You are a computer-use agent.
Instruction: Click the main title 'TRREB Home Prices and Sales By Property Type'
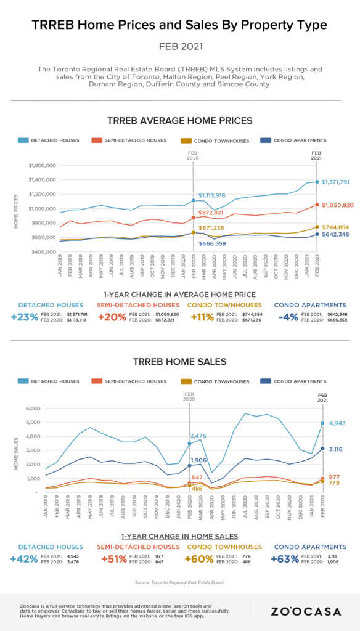click(180, 25)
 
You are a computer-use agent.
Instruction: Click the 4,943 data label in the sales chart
click(338, 423)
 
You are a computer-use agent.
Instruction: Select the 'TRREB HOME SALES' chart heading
click(179, 361)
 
